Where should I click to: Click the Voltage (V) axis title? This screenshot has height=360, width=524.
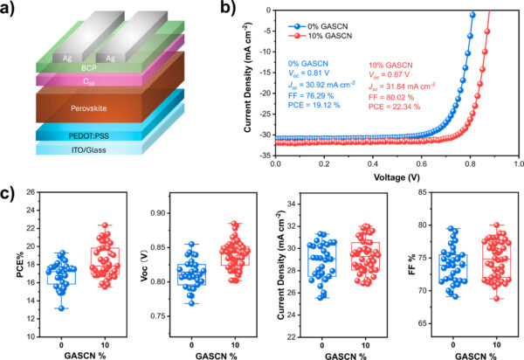[397, 176]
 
